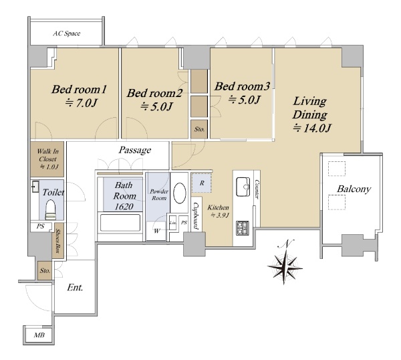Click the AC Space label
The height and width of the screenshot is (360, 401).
coord(66,33)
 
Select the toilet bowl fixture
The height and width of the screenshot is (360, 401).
coord(50,209)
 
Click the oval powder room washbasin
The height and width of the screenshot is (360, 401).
coord(180,193)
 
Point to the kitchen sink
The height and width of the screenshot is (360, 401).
coord(243,187)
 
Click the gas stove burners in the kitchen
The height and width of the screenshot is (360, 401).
coord(242,228)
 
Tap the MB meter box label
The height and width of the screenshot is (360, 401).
coord(39,335)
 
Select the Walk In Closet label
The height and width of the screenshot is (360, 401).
coord(48,159)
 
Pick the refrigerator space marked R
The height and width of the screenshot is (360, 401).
coord(202,183)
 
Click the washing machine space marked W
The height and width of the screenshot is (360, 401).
coord(156,231)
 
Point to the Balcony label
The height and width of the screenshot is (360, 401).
coord(354,189)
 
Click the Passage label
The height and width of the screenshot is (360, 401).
coord(135,150)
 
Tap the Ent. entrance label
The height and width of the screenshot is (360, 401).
coord(75,288)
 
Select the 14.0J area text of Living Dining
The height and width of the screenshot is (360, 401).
coord(312,128)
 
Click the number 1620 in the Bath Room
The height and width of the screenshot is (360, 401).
coord(124,207)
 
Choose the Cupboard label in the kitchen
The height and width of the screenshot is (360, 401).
coord(196,215)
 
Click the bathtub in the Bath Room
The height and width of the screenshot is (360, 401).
coord(120,223)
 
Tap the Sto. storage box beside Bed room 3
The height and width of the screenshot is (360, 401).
coord(199,129)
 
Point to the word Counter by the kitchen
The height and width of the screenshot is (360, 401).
coord(257,189)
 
